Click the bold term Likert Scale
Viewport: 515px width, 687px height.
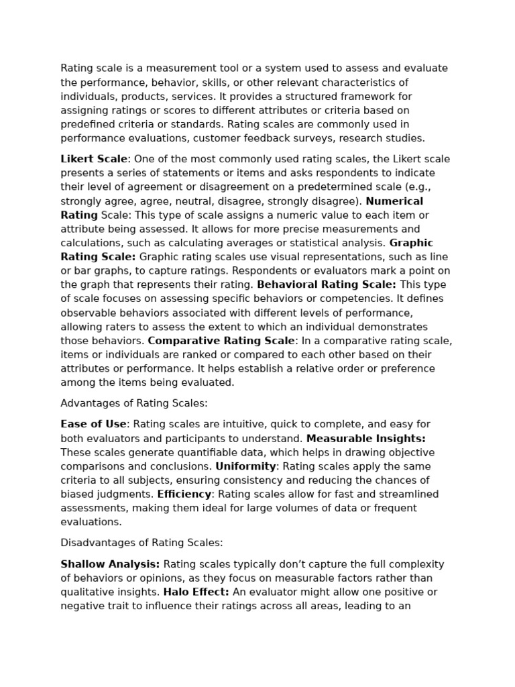pos(94,159)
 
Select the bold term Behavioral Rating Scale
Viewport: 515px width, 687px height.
pos(327,284)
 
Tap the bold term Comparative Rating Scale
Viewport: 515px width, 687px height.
pos(221,340)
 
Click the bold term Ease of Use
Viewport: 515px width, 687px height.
pos(93,424)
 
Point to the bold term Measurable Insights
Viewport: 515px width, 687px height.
pos(366,438)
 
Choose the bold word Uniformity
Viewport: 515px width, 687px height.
pos(245,466)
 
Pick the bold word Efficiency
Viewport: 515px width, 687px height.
pos(184,494)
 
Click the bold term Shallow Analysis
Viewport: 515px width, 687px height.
pos(110,564)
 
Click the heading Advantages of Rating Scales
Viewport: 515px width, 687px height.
pos(134,403)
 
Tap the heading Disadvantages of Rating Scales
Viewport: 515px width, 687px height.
pos(141,543)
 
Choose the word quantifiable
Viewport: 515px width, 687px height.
pos(189,452)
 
